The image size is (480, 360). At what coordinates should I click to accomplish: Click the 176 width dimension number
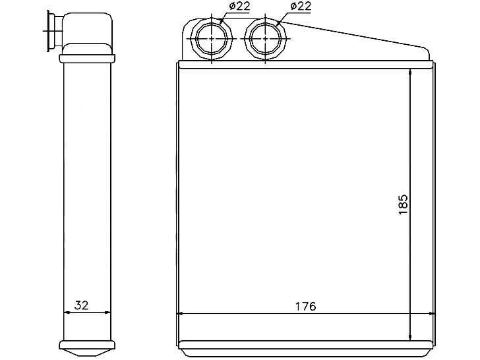point(305,306)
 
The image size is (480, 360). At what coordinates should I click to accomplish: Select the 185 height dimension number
point(404,204)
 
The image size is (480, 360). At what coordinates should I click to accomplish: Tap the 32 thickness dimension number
point(82,305)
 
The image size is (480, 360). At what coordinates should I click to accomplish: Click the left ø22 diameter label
point(239,6)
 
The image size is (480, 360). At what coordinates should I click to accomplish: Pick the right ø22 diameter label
point(300,6)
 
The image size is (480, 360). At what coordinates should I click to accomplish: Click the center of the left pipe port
point(212,39)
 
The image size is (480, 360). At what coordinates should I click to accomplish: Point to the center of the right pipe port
point(265,39)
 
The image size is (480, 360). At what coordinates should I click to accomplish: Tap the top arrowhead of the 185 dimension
point(410,73)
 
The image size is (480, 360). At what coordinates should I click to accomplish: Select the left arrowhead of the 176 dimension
point(180,313)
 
